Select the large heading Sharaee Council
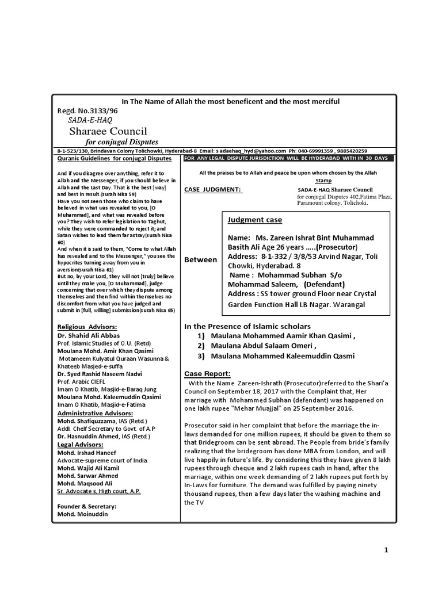pyautogui.click(x=108, y=131)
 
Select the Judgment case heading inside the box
pyautogui.click(x=255, y=220)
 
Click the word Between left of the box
pyautogui.click(x=200, y=260)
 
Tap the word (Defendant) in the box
pyautogui.click(x=324, y=284)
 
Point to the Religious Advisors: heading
pyautogui.click(x=87, y=326)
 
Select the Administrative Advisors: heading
pyautogui.click(x=95, y=413)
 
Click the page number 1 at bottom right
pyautogui.click(x=387, y=550)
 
